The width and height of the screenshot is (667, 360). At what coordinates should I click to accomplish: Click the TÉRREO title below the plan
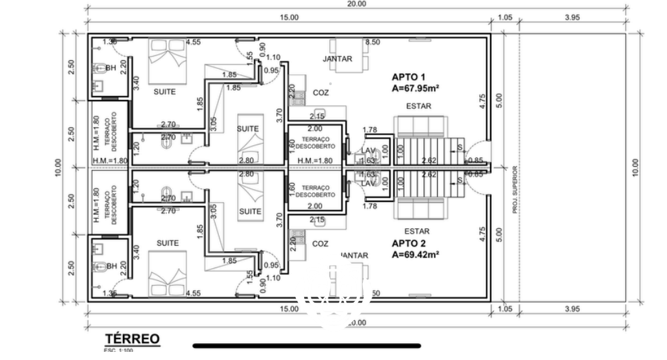(x=132, y=338)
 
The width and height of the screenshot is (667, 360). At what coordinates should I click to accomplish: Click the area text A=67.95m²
(x=416, y=88)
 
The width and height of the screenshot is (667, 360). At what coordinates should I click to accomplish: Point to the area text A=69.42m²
(x=416, y=255)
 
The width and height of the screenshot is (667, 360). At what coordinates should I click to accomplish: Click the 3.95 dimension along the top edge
(x=572, y=18)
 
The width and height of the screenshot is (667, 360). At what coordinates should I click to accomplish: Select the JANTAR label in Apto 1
(x=337, y=59)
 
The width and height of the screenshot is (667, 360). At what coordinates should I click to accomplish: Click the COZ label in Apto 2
(x=320, y=243)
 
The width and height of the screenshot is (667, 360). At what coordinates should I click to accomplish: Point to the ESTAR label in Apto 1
(x=418, y=106)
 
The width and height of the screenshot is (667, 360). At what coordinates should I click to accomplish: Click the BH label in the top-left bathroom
(x=111, y=68)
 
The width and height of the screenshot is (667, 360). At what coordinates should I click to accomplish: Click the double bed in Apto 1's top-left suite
(x=168, y=59)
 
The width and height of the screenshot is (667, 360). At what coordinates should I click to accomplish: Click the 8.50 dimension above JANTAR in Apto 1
(x=372, y=42)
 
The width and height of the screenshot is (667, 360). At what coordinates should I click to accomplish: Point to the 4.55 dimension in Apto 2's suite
(x=193, y=294)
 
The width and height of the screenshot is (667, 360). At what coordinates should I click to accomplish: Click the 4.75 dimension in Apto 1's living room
(x=483, y=101)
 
